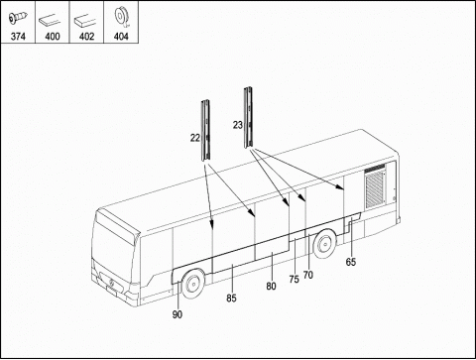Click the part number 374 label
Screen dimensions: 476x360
(18, 36)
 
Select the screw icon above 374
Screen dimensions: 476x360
(18, 18)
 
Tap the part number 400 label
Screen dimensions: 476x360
(53, 36)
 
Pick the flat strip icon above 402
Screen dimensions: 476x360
(85, 20)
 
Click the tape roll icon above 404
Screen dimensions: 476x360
(121, 18)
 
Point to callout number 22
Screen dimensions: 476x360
(195, 138)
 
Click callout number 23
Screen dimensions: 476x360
(238, 125)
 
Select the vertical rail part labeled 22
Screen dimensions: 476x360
(205, 130)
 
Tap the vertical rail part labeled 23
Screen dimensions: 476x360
(248, 117)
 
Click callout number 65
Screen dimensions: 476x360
(351, 262)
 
